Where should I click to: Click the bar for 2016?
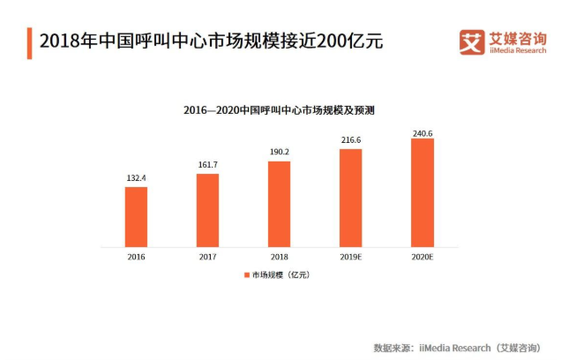[136, 217]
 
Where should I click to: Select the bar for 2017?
[207, 210]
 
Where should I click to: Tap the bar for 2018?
[279, 204]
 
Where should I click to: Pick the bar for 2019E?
[350, 198]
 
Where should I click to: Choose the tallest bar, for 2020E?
[422, 192]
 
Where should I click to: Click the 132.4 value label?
[136, 178]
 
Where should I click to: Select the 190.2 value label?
[279, 152]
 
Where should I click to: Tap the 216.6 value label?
[350, 140]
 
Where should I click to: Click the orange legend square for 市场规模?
[247, 275]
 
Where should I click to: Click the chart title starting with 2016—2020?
[279, 109]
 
